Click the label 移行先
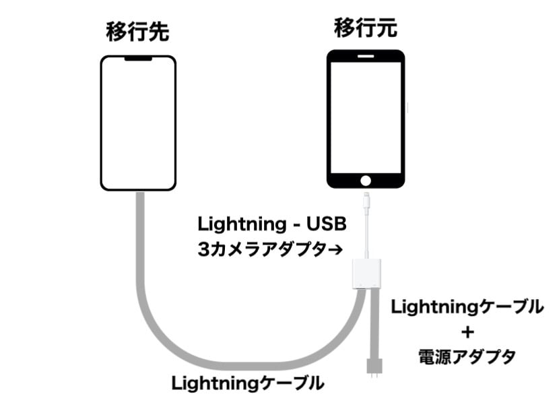pyautogui.click(x=137, y=31)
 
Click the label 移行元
pyautogui.click(x=366, y=28)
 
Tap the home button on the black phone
pyautogui.click(x=366, y=180)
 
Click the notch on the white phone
pyautogui.click(x=138, y=60)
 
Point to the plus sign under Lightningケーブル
pyautogui.click(x=467, y=332)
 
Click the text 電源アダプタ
pyautogui.click(x=467, y=356)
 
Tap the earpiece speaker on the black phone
pyautogui.click(x=366, y=58)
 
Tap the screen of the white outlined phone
pyautogui.click(x=138, y=125)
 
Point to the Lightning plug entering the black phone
pyautogui.click(x=366, y=200)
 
